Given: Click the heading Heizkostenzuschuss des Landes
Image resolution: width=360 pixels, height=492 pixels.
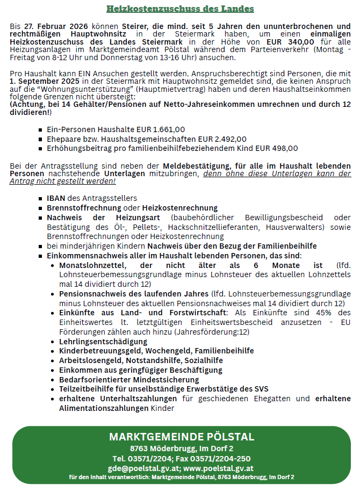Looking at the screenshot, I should pyautogui.click(x=180, y=9).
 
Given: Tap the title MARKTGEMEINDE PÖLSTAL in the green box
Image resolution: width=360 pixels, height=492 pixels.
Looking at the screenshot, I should pyautogui.click(x=182, y=436).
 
